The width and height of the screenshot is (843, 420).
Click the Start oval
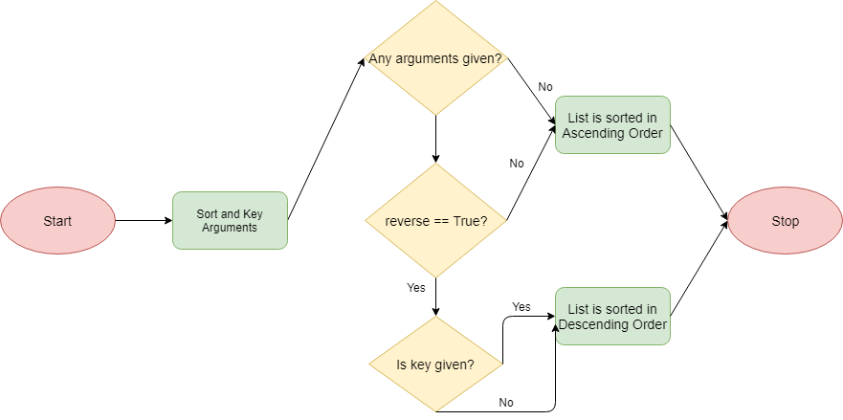tap(57, 221)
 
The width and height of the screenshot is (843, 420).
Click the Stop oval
tap(785, 221)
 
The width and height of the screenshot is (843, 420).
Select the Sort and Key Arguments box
tap(230, 221)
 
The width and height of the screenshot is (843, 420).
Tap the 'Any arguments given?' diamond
tap(436, 58)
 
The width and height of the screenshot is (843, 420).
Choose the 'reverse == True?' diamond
tap(436, 221)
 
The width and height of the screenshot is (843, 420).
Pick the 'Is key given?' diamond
tap(436, 365)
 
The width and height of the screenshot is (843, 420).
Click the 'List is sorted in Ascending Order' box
tap(612, 125)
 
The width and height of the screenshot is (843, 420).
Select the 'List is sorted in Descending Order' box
tap(612, 317)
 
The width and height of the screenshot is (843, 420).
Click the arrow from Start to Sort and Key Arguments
tap(144, 221)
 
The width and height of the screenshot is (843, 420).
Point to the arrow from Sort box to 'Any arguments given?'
tap(325, 140)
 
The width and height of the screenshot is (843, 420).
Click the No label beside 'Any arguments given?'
tap(545, 87)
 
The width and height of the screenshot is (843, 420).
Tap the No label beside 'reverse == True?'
tap(517, 164)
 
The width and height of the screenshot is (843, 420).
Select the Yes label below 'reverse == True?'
tap(416, 287)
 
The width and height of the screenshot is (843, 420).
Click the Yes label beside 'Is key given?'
tap(521, 307)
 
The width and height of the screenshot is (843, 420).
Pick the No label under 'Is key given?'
tap(506, 402)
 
